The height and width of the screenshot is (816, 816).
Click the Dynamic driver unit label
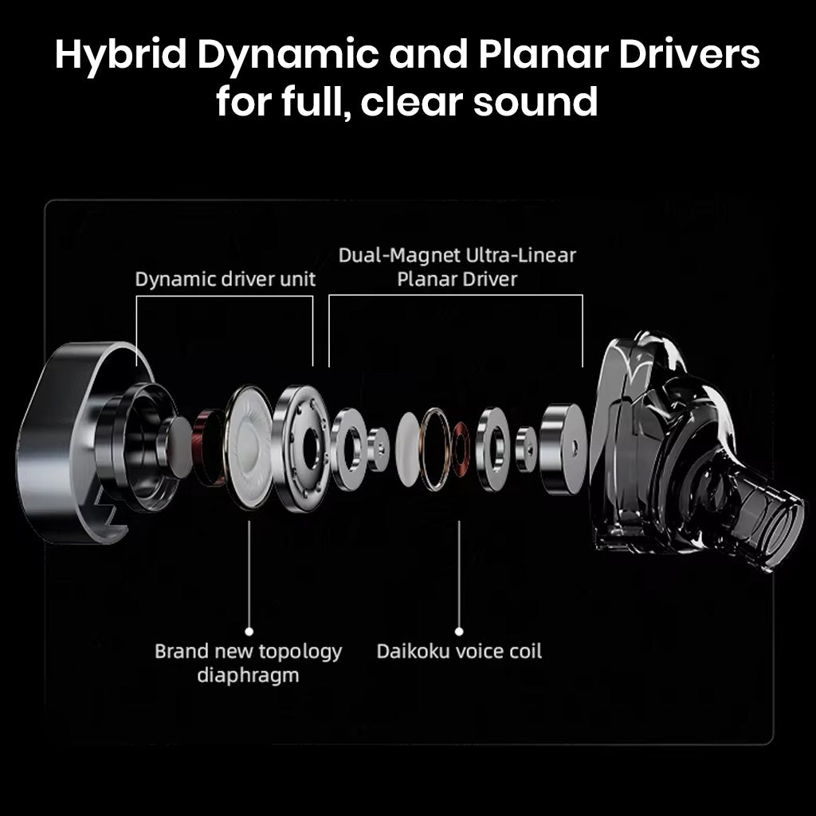pyautogui.click(x=226, y=279)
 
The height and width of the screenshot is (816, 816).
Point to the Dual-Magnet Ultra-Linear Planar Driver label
pyautogui.click(x=457, y=267)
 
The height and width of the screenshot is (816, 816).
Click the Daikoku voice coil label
pyautogui.click(x=459, y=651)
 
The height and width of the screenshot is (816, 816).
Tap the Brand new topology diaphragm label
pyautogui.click(x=248, y=663)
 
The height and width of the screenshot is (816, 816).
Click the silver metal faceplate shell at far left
pyautogui.click(x=60, y=446)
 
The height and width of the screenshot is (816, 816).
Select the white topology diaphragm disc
pyautogui.click(x=249, y=446)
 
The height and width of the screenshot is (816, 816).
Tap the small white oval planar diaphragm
pyautogui.click(x=408, y=449)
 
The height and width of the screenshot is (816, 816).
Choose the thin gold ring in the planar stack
pyautogui.click(x=436, y=448)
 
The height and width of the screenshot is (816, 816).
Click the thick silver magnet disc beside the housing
pyautogui.click(x=563, y=449)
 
